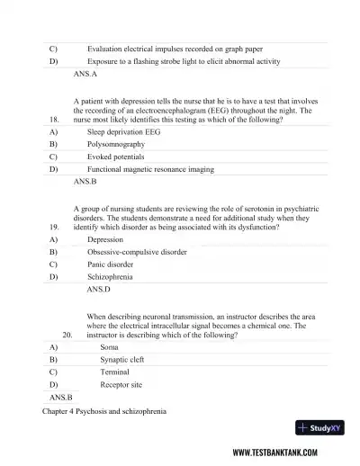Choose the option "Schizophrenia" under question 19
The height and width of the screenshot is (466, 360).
click(x=112, y=278)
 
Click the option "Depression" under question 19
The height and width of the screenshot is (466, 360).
click(x=105, y=240)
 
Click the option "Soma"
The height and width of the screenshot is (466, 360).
click(x=109, y=346)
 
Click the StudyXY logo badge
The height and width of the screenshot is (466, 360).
click(x=320, y=427)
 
